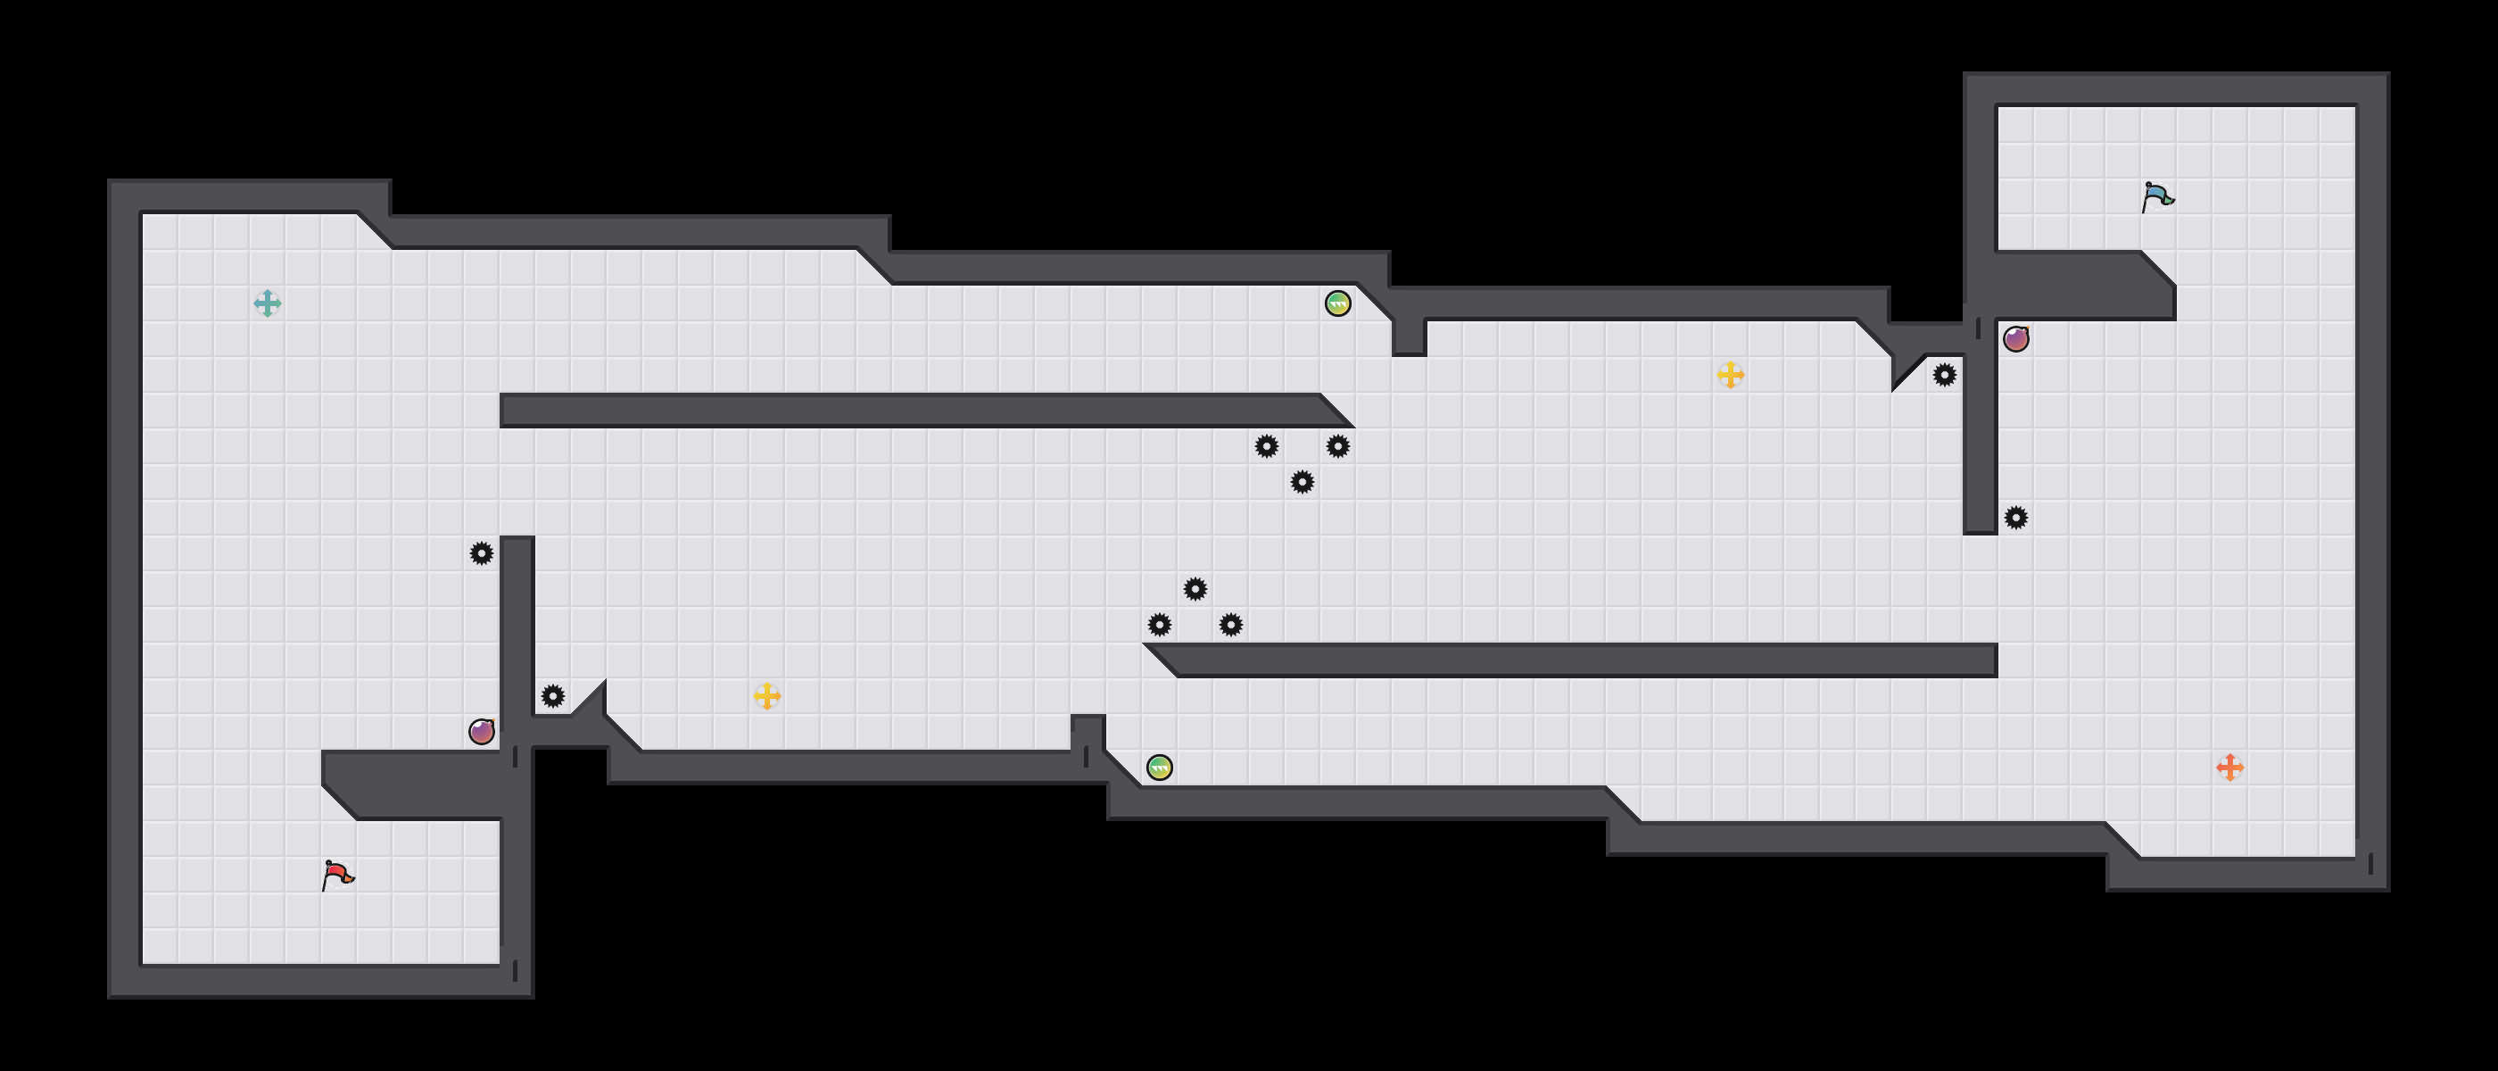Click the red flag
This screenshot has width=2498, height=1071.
pyautogui.click(x=337, y=875)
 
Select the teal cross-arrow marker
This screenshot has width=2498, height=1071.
pyautogui.click(x=268, y=303)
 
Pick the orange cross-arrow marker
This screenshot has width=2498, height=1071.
pyautogui.click(x=2229, y=768)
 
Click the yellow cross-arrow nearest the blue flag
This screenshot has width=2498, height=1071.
pyautogui.click(x=1730, y=375)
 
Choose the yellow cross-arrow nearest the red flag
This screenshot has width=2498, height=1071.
pyautogui.click(x=767, y=695)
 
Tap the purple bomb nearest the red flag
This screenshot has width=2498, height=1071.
pyautogui.click(x=482, y=732)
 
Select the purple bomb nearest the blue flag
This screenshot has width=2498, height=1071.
pyautogui.click(x=2016, y=338)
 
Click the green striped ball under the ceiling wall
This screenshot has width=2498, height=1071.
pyautogui.click(x=1337, y=303)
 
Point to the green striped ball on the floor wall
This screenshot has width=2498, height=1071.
pyautogui.click(x=1160, y=768)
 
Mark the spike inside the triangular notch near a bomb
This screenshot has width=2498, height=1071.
pyautogui.click(x=1944, y=375)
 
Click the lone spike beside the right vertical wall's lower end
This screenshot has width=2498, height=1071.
pyautogui.click(x=2016, y=517)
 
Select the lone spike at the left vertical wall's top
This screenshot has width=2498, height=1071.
pyautogui.click(x=482, y=553)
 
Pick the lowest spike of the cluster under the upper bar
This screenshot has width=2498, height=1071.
pyautogui.click(x=1303, y=482)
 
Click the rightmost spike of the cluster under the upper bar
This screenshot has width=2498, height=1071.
pyautogui.click(x=1337, y=446)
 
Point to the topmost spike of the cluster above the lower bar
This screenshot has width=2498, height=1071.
pyautogui.click(x=1195, y=589)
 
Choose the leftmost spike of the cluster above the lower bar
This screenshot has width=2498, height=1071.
pyautogui.click(x=1160, y=625)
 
